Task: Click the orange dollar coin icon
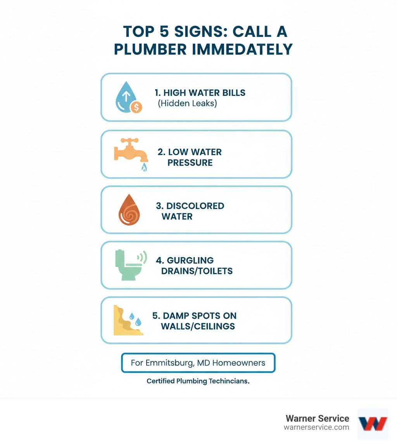(x=136, y=107)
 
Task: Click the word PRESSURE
(x=190, y=162)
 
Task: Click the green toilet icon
(x=128, y=265)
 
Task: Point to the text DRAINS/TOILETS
(x=197, y=271)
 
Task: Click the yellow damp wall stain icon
(x=126, y=321)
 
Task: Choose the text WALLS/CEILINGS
(x=198, y=326)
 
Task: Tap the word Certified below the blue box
(x=160, y=381)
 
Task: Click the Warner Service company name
(x=317, y=418)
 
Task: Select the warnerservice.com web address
(x=316, y=427)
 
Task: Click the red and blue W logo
(x=372, y=424)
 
